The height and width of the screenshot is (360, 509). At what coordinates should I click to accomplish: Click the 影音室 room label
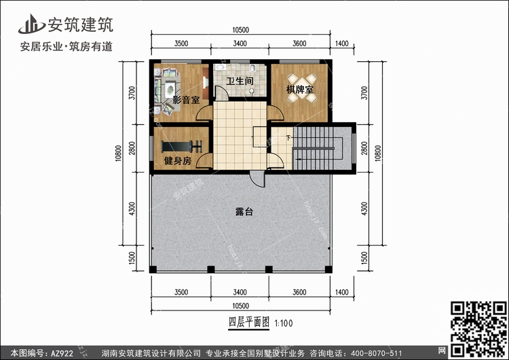185,100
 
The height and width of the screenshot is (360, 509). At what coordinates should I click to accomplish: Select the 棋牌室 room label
299,89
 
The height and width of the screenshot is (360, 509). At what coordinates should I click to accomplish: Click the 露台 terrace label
244,212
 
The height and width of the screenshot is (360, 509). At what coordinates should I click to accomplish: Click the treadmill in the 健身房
182,145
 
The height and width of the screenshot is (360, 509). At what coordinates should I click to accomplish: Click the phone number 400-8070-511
380,353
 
